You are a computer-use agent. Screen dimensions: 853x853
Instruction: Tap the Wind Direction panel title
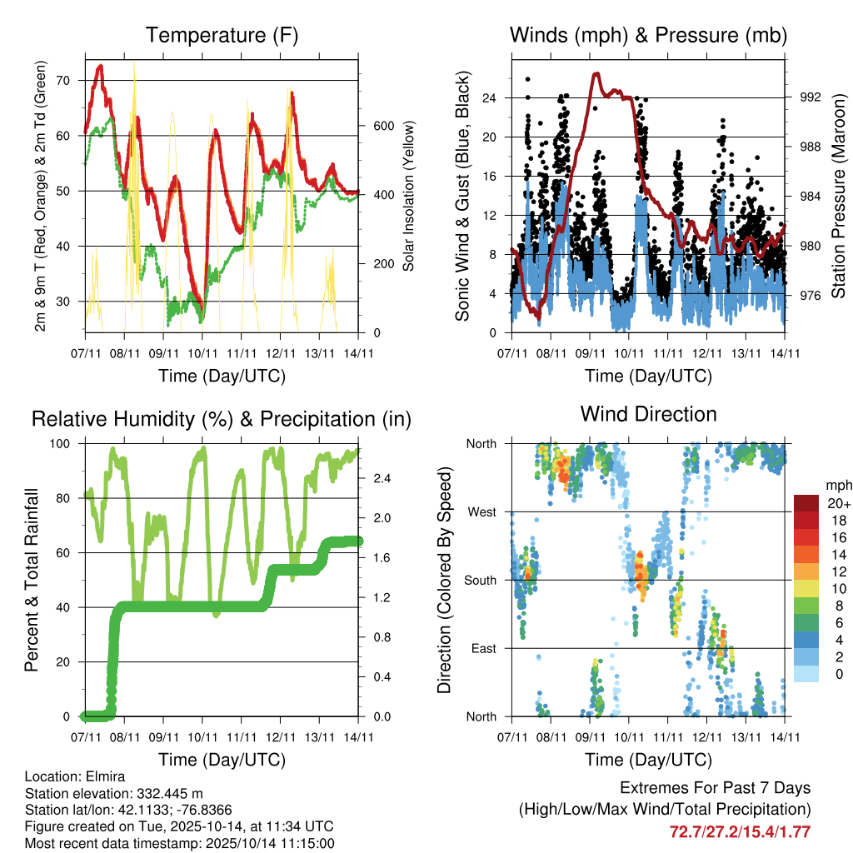(648, 414)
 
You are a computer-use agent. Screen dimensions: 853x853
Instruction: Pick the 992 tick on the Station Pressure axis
(810, 97)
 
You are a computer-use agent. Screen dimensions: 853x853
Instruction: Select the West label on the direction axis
(481, 511)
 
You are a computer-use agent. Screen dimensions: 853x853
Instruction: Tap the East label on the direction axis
(484, 648)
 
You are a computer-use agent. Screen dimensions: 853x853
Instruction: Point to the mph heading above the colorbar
(838, 485)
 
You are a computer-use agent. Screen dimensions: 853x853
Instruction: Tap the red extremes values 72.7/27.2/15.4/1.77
(740, 831)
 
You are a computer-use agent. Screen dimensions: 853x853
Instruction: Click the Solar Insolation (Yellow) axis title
(409, 196)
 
